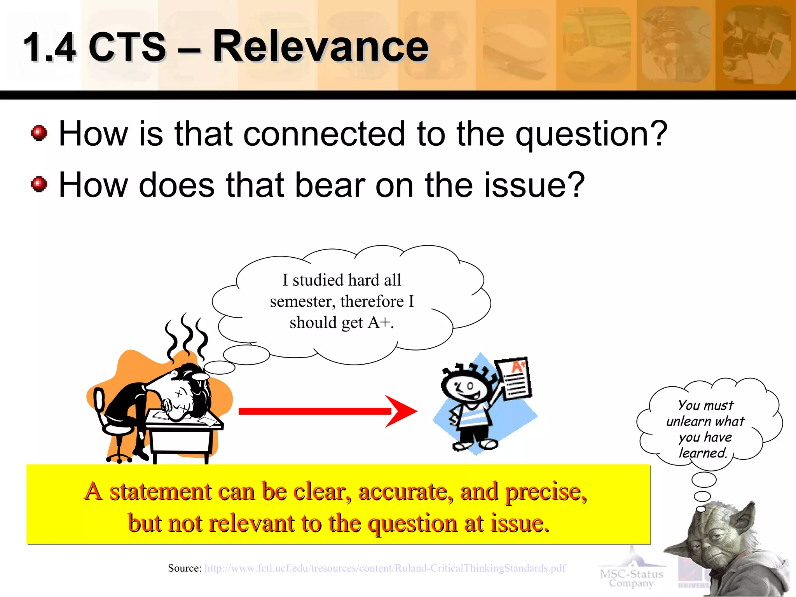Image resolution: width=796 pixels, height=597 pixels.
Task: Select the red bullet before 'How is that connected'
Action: (39, 133)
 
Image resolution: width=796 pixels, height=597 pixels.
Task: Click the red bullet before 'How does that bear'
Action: (39, 184)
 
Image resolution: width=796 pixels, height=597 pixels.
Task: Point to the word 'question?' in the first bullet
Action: (591, 134)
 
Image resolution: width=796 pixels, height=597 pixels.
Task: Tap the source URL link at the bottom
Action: (385, 568)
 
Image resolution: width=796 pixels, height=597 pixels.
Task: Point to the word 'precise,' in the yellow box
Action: (546, 492)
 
